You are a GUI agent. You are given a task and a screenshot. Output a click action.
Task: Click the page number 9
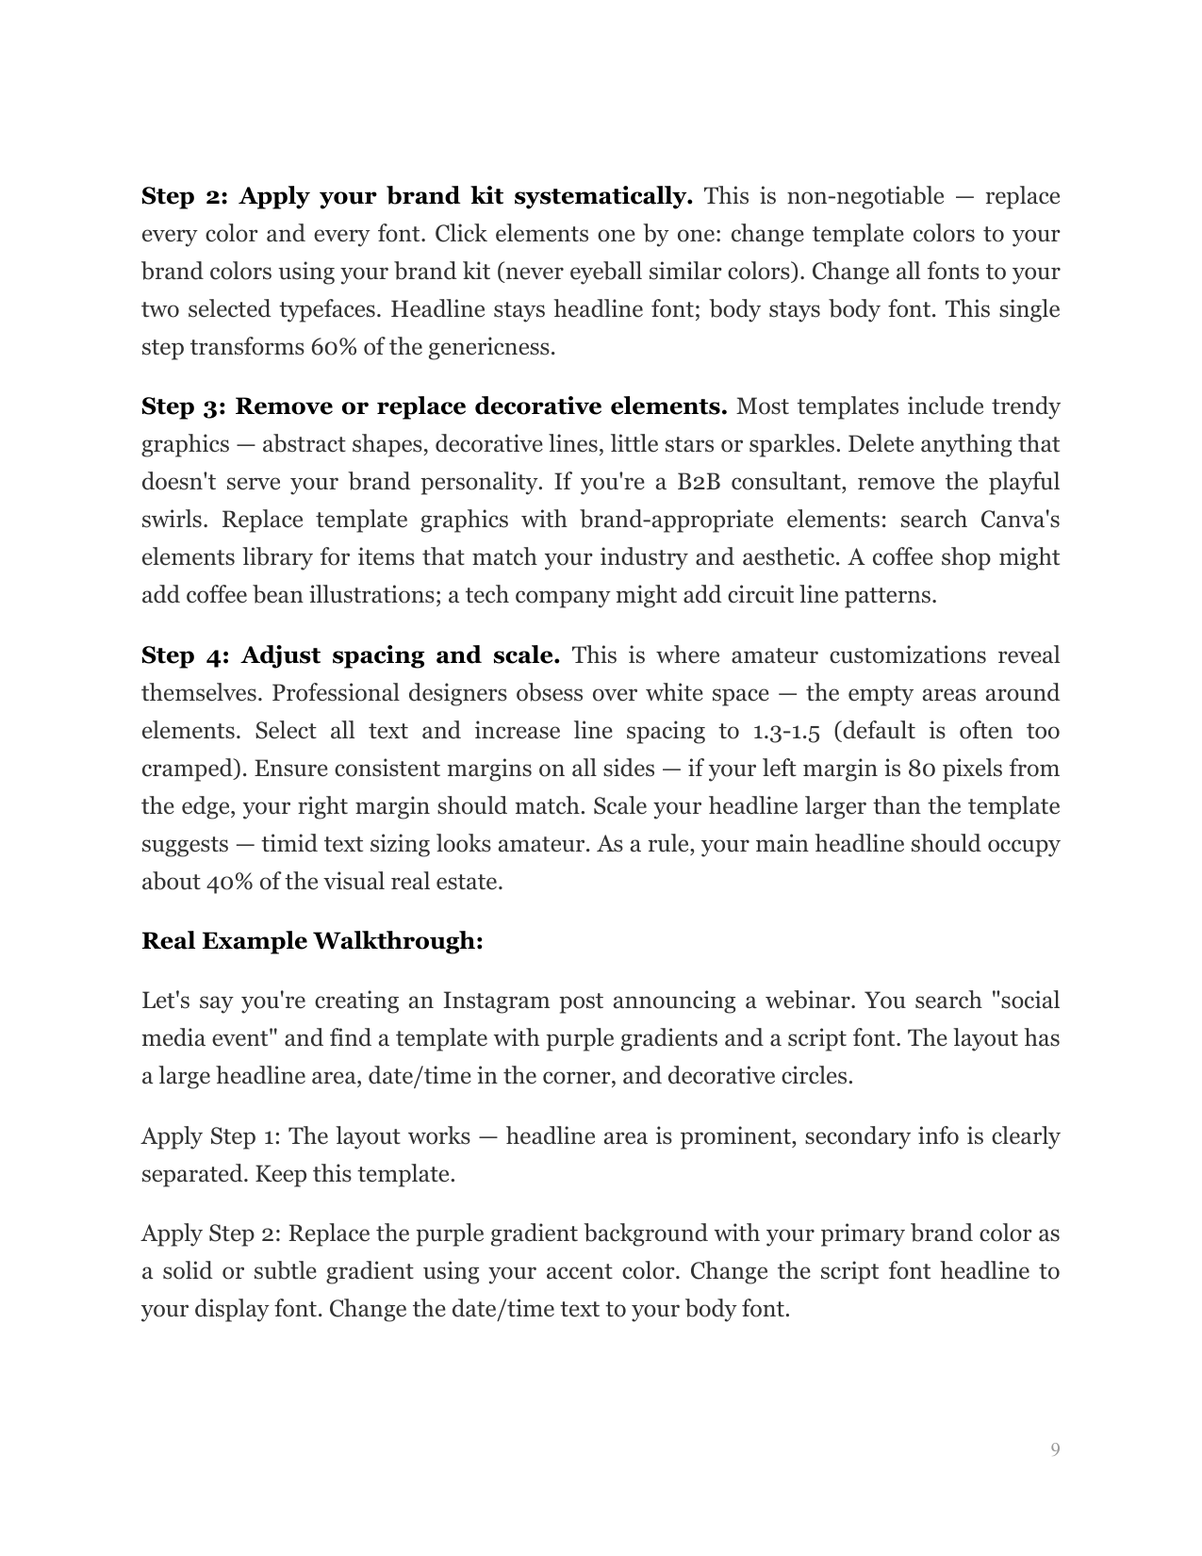pos(1055,1449)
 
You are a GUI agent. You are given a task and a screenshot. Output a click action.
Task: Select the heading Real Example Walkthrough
pos(312,941)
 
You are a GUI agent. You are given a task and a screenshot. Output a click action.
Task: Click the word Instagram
pos(495,1001)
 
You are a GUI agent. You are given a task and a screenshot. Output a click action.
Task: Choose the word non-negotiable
pos(864,196)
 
